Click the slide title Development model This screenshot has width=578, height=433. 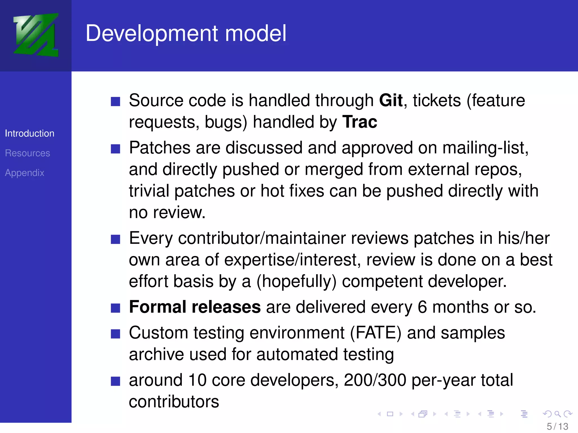[x=186, y=33]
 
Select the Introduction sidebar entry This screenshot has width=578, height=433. [x=30, y=133]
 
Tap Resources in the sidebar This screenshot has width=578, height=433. [x=27, y=153]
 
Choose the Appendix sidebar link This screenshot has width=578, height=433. [x=25, y=173]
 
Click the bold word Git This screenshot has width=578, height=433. [x=391, y=100]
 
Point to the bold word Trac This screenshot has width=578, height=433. [x=360, y=122]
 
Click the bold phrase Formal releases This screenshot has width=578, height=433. [x=195, y=307]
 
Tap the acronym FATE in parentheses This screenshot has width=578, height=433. [x=375, y=333]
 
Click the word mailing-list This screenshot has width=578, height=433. [x=485, y=148]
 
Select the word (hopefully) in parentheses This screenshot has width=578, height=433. [x=296, y=282]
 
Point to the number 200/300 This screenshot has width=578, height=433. [x=375, y=380]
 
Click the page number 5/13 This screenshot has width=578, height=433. [x=557, y=426]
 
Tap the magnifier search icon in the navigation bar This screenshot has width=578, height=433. [x=557, y=414]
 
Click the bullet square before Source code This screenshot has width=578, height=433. [x=115, y=101]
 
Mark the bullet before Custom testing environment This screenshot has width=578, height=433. [x=115, y=334]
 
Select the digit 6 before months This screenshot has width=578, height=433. [x=422, y=307]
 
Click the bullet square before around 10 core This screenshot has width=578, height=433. [x=115, y=381]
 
